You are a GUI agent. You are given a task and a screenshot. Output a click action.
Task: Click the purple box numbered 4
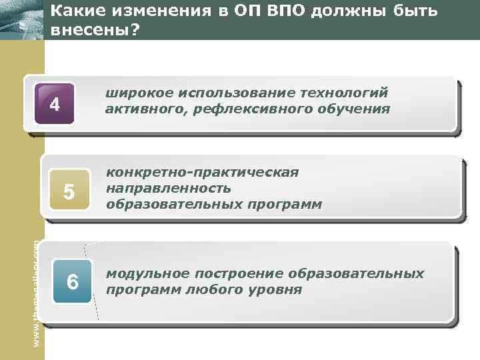point(55,104)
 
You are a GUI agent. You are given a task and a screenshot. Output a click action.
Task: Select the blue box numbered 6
point(73,282)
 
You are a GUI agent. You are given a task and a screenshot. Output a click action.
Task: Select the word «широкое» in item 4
point(136,93)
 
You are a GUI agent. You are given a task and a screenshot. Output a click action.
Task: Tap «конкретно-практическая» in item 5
point(203,173)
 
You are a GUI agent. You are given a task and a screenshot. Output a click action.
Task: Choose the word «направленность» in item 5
point(169,189)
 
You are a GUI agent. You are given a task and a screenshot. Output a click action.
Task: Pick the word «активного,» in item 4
point(144,109)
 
